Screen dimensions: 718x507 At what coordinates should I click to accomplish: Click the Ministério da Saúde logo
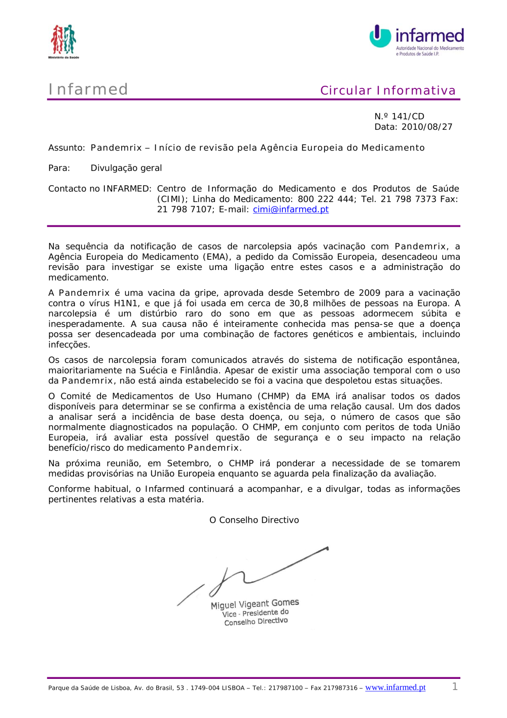tap(63, 41)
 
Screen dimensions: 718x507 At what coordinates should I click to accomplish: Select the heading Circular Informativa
tap(388, 90)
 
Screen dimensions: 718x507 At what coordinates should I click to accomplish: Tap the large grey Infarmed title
tap(88, 89)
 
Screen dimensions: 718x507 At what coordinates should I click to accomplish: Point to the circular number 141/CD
tap(408, 116)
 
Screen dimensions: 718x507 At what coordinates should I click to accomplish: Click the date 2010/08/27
tap(426, 127)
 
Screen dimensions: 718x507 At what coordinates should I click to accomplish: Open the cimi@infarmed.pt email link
tap(291, 209)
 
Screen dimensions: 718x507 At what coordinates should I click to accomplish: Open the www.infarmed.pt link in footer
tap(395, 687)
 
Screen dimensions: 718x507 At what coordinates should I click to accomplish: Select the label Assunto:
tap(66, 148)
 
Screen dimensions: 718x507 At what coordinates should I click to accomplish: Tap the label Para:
tap(59, 168)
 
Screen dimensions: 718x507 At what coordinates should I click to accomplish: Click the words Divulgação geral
tap(126, 168)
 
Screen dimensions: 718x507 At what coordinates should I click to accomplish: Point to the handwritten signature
tap(253, 573)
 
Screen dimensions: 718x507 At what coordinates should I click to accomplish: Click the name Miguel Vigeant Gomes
tap(255, 604)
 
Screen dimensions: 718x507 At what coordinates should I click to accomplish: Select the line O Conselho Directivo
tap(254, 520)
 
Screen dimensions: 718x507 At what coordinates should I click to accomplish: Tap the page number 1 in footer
tap(455, 687)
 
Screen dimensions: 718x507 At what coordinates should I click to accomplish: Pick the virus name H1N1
tap(127, 303)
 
